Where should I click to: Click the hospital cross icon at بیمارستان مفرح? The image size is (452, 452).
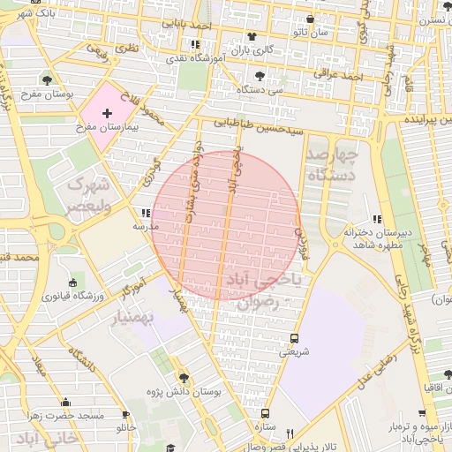click(108, 113)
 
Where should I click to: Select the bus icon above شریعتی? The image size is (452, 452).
click(294, 338)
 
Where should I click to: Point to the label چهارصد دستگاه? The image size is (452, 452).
click(332, 165)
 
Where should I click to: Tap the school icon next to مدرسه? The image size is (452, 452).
click(146, 213)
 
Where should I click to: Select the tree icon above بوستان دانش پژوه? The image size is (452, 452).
click(185, 376)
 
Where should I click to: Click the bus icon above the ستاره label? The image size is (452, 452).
click(264, 413)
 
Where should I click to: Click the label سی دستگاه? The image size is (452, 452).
click(263, 89)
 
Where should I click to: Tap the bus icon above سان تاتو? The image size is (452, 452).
click(310, 19)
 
